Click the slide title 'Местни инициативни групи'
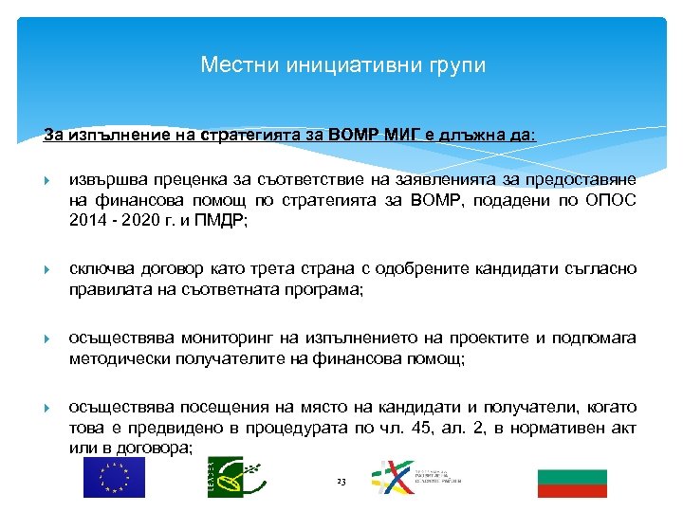point(342,65)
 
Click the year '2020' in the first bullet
point(145,220)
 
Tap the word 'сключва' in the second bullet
point(100,269)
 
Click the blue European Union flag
point(114,478)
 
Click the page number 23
point(342,483)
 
